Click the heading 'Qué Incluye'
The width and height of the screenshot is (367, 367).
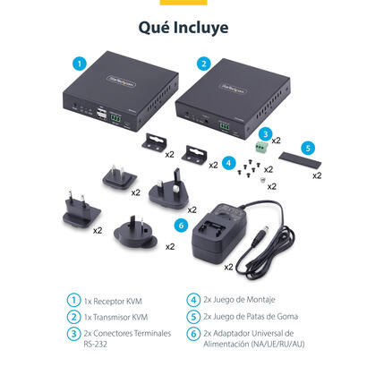pos(183,27)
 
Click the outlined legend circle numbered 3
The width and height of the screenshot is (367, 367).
pos(73,333)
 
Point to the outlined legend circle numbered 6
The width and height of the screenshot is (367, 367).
pos(193,333)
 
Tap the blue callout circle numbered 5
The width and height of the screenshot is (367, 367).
pos(308,148)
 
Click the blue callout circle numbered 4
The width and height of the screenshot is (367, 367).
pos(228,163)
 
